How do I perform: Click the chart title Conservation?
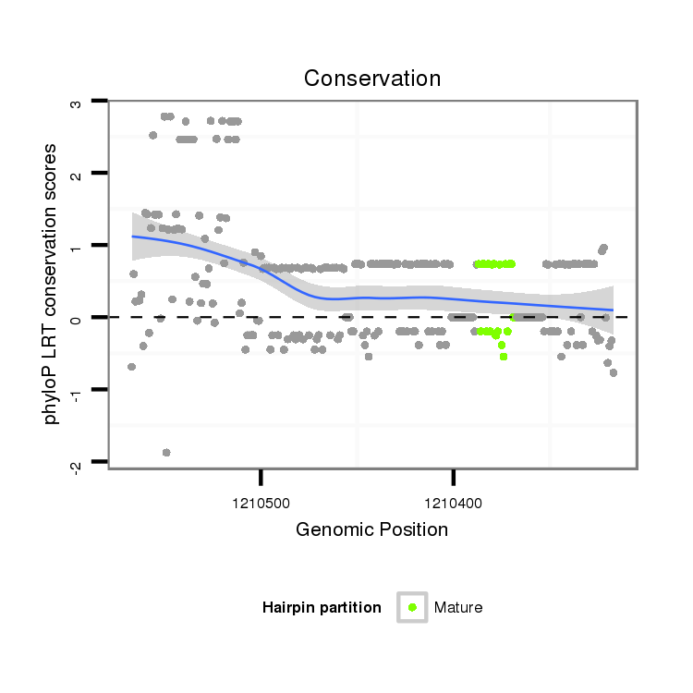coord(372,78)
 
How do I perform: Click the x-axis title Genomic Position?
coord(371,529)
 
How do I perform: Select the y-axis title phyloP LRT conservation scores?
coord(53,284)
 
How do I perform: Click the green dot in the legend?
coord(412,607)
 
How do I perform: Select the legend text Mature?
coord(458,608)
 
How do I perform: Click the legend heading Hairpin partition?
coord(322,608)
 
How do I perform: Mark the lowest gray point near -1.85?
coord(166,452)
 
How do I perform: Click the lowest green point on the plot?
coord(504,356)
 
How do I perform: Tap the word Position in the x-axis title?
coord(413,529)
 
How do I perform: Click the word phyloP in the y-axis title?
coord(53,398)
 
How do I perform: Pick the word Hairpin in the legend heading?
coord(286,608)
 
